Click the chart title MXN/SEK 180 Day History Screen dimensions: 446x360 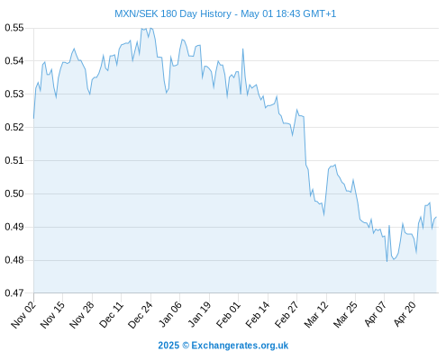coord(173,13)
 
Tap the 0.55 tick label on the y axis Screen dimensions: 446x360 coord(14,28)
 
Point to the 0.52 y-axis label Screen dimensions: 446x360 coord(14,127)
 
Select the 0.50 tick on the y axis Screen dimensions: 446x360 coord(14,193)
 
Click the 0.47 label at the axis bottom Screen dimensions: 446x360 coord(14,292)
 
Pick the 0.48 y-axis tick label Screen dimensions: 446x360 coord(14,260)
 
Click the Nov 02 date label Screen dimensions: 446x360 coord(23,315)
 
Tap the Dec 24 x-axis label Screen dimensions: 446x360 coord(141,315)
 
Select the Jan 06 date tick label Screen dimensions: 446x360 coord(169,315)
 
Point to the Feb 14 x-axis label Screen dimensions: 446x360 coord(258,315)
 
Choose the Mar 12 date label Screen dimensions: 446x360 coord(316,315)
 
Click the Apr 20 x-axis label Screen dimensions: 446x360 coord(405,314)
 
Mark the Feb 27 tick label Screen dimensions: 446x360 coord(287,315)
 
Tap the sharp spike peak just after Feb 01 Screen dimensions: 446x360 coord(242,49)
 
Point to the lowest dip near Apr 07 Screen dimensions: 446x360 coord(387,261)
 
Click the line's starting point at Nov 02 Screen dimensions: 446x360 coord(33,119)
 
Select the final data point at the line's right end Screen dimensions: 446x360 coord(436,217)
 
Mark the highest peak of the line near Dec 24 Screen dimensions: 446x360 coord(150,28)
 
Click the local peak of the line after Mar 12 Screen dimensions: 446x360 coord(335,165)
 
